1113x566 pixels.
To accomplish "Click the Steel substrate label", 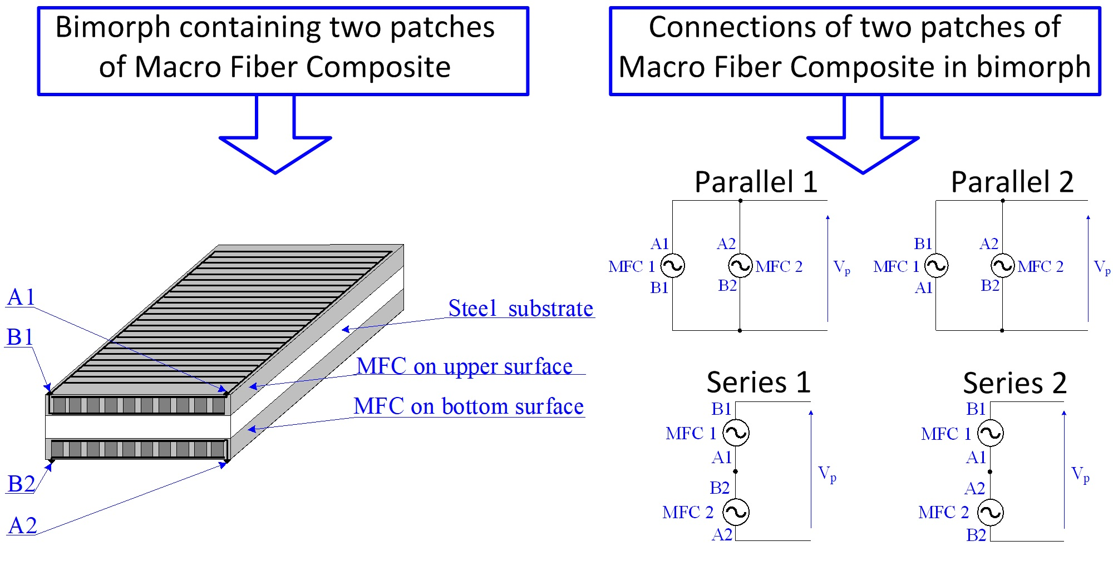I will [520, 309].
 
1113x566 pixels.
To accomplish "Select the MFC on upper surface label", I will [464, 366].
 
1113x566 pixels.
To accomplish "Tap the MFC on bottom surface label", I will [469, 406].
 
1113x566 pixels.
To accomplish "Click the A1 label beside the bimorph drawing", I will [21, 297].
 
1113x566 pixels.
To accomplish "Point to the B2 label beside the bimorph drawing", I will [21, 484].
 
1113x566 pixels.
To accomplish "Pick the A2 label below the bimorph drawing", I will [22, 525].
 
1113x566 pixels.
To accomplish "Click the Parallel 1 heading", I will [756, 182].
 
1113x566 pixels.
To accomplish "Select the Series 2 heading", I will [1014, 383].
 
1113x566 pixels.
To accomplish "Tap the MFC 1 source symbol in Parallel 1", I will [672, 266].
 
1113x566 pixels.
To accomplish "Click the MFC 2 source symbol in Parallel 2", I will [1003, 266].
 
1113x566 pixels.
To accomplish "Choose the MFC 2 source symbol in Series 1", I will [736, 512].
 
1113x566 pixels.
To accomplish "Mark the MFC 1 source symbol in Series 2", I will [991, 434].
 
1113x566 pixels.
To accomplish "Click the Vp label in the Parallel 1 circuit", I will [841, 267].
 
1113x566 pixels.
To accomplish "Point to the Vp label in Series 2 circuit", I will [1080, 474].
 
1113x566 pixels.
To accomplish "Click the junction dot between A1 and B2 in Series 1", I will [736, 471].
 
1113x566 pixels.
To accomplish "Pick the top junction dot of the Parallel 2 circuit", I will [1003, 201].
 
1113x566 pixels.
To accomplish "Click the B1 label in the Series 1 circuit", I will [721, 409].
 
